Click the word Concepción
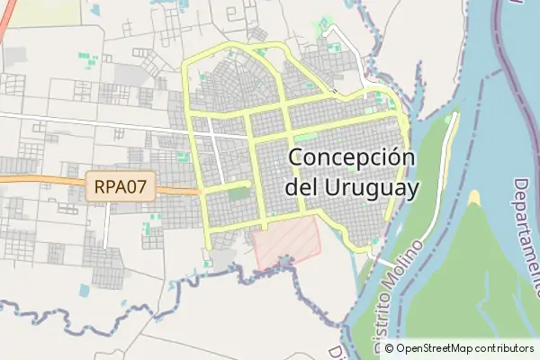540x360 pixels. click(353, 158)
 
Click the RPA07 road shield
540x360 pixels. click(121, 188)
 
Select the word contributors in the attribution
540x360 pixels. click(505, 348)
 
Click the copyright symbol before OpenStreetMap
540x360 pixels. click(390, 348)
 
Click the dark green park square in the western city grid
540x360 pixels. click(238, 193)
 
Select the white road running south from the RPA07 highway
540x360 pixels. click(106, 225)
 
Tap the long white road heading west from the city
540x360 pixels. click(90, 121)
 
